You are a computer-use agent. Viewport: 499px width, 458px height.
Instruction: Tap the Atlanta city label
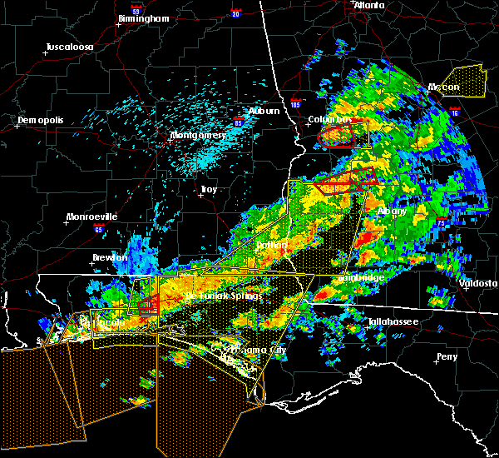(x=369, y=5)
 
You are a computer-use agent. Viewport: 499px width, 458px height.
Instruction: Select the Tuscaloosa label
(x=69, y=47)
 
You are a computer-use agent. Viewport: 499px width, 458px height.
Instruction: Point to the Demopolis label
(x=41, y=121)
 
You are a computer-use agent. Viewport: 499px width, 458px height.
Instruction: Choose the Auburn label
(x=264, y=111)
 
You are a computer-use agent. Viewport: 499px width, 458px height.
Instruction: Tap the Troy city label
(x=208, y=190)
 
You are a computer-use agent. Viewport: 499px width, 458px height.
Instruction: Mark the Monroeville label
(x=91, y=217)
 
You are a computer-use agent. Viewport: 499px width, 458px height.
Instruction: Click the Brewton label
(x=110, y=257)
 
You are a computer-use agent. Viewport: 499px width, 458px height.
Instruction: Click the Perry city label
(x=447, y=357)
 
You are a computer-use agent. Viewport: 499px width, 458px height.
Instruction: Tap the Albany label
(x=393, y=211)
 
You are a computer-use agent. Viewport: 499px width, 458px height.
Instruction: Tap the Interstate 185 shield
(x=296, y=106)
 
